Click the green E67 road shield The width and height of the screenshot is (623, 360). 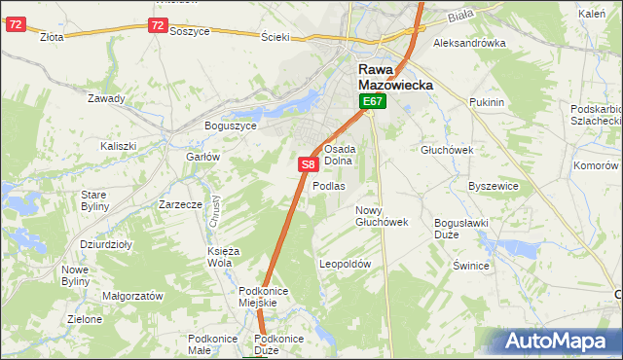[374, 101]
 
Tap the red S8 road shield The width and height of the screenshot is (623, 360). [307, 165]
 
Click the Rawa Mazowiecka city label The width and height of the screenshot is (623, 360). [395, 77]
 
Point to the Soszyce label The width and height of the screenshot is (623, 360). [190, 31]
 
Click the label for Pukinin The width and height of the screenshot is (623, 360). [485, 102]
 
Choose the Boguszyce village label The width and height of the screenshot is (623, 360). [230, 126]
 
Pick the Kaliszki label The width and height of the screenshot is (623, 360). [118, 146]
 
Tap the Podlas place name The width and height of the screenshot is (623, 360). [329, 186]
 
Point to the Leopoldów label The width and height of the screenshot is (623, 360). [346, 264]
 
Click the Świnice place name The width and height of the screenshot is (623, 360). [469, 265]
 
